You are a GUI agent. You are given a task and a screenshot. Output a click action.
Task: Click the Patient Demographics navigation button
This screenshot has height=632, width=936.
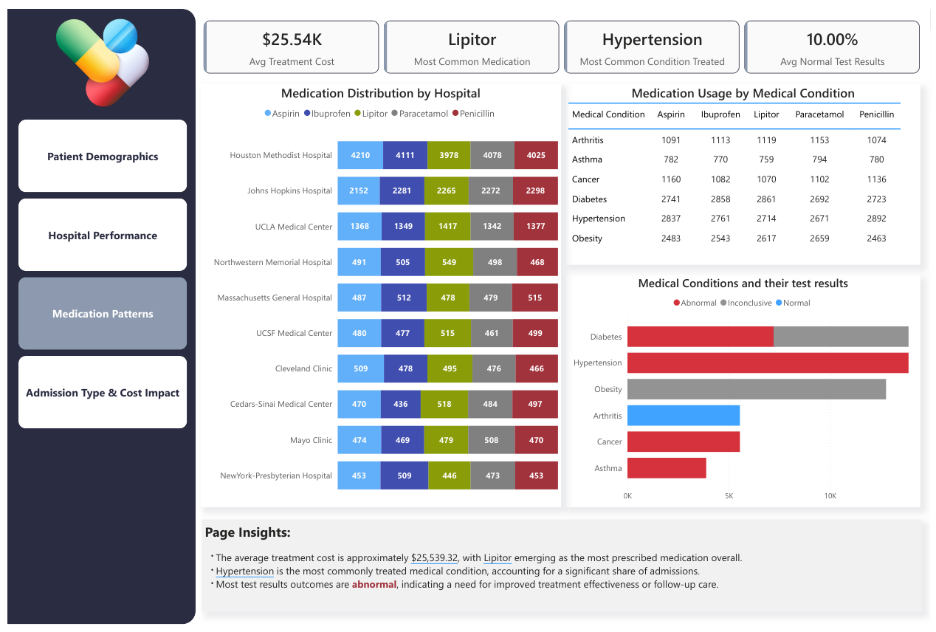[103, 157]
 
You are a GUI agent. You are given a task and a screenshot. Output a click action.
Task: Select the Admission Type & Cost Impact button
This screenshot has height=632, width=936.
[103, 393]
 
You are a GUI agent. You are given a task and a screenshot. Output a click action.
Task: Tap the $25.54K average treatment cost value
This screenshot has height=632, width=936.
[292, 40]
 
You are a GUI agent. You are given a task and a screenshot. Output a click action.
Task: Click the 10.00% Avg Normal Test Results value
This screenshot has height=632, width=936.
[832, 40]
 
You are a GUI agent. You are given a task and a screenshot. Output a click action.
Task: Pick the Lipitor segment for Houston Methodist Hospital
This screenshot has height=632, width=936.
[448, 155]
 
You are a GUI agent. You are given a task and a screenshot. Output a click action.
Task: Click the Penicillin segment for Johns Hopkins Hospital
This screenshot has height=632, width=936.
[535, 190]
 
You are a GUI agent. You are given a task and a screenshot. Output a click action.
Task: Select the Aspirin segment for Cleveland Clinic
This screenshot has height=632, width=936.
[360, 368]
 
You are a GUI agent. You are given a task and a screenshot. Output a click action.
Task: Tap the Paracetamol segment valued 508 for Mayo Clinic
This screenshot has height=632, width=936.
[492, 440]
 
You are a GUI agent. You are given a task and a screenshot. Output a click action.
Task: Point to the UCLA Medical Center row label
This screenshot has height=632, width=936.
[294, 227]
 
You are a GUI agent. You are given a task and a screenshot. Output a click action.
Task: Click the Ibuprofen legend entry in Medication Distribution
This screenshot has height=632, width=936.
[328, 114]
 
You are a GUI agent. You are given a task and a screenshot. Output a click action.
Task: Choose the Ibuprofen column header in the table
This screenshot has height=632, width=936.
[720, 114]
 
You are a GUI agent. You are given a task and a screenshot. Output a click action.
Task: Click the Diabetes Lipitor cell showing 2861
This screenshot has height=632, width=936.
[766, 199]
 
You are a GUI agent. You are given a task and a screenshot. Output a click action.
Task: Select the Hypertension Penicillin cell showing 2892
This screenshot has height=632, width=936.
[876, 219]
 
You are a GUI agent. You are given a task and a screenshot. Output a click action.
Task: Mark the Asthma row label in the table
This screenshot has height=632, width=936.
[587, 159]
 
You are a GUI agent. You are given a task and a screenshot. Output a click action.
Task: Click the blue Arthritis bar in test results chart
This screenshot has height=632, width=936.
[683, 416]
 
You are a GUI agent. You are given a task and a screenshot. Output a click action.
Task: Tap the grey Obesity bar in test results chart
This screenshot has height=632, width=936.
[756, 389]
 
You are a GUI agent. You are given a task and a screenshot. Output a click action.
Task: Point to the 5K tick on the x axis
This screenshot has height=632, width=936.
[729, 495]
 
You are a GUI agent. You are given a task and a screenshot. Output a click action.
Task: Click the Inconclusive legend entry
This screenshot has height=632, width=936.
[746, 303]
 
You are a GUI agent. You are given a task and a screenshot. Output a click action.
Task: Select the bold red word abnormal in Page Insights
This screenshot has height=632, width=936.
[374, 585]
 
